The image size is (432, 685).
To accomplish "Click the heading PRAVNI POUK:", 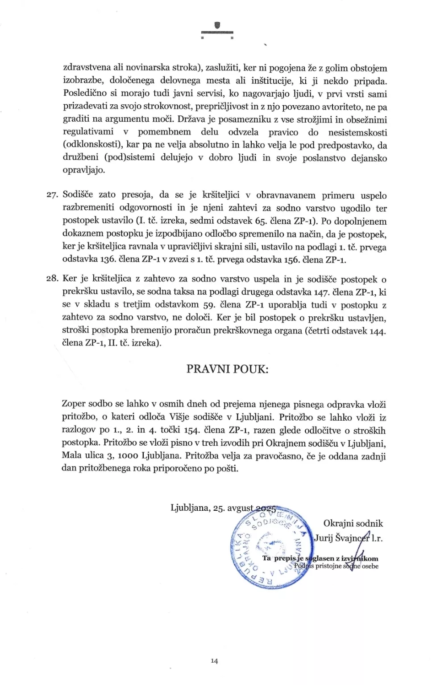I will [x=227, y=369].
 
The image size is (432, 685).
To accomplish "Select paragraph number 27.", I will [x=53, y=195].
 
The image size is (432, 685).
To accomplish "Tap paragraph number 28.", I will [x=53, y=279].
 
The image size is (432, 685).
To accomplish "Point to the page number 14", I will [x=214, y=661].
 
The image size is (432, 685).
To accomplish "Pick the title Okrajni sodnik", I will [x=353, y=524].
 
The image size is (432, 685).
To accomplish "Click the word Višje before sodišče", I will [x=181, y=417].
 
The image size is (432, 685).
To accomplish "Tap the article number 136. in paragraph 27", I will [x=106, y=260].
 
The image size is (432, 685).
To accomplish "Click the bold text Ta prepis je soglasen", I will [x=295, y=558].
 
